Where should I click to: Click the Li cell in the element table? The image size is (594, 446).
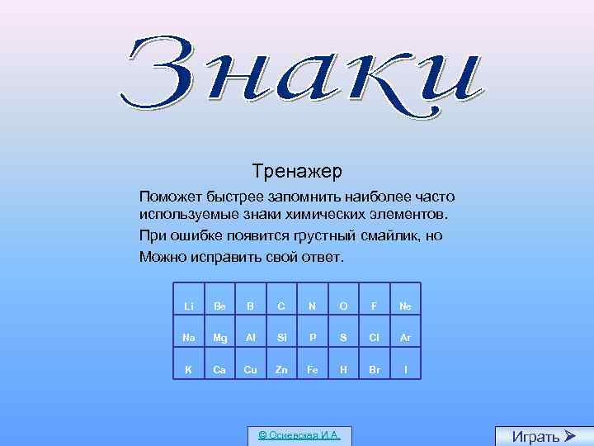coord(189,306)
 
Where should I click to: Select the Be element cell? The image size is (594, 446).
coord(219,306)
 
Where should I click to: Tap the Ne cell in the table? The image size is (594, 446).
coord(405,306)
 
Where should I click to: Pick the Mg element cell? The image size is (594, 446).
coord(219,338)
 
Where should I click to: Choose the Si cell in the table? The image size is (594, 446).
coord(281,338)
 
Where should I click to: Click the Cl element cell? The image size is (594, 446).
coord(374,338)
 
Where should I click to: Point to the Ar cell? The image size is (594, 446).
coord(405,338)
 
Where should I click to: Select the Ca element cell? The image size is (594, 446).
coord(219,369)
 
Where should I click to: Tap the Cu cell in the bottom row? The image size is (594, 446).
coord(251,369)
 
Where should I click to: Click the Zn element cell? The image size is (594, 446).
coord(281,369)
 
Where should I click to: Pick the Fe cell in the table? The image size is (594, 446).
coord(313,369)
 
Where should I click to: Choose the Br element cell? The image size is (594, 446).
coord(374,369)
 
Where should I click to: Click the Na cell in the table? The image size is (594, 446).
coord(189,338)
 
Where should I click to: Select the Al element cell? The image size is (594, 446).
coord(251,338)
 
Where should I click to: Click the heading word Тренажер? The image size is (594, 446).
coord(297,172)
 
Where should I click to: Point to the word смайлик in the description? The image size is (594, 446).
coord(394,235)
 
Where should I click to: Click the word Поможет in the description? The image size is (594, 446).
coord(169,197)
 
